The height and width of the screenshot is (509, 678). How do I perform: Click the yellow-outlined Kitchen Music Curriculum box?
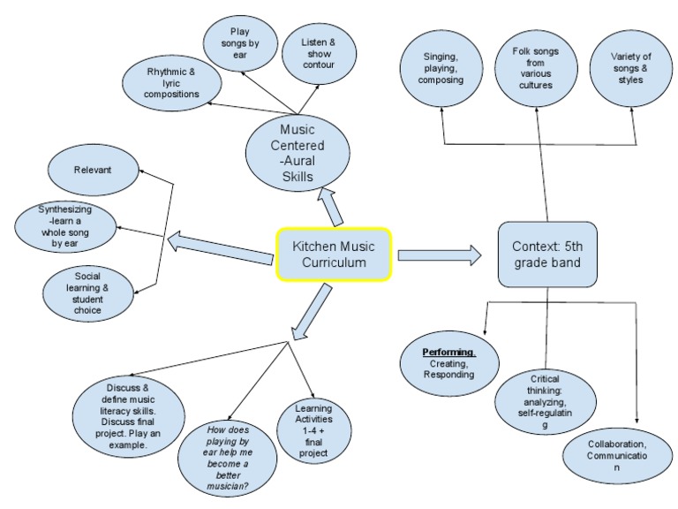[x=334, y=255]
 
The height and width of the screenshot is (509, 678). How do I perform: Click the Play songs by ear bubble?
[x=240, y=42]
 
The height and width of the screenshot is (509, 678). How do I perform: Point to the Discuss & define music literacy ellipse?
[x=132, y=414]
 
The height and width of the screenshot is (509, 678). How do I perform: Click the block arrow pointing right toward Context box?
[x=439, y=256]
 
